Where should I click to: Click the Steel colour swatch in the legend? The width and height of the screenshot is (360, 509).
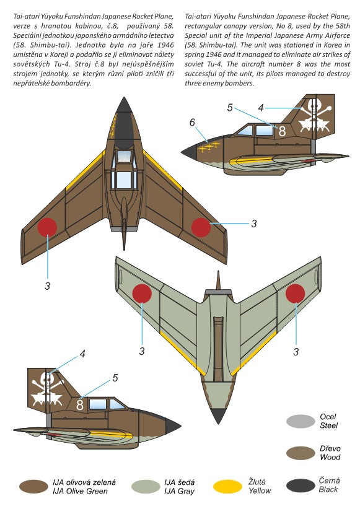click(301, 421)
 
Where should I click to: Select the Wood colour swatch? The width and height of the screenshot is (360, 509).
click(301, 453)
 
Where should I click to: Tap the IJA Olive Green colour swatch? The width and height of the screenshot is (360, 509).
click(33, 487)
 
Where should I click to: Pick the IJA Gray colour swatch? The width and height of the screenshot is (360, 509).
click(146, 487)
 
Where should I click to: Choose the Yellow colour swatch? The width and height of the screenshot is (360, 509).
click(228, 487)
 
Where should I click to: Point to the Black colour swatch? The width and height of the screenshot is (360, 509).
click(301, 485)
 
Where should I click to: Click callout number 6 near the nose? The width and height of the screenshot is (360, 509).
click(192, 123)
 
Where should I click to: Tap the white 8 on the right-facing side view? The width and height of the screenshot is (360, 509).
click(282, 131)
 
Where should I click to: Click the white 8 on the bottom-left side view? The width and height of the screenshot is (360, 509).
click(80, 405)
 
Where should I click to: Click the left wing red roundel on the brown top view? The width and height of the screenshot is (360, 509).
click(48, 227)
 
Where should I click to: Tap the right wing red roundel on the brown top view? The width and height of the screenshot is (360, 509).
click(201, 227)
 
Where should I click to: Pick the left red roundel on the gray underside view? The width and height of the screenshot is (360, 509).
click(143, 294)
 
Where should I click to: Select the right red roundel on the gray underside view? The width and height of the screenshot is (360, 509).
click(296, 294)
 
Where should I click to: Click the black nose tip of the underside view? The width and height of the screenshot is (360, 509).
click(218, 415)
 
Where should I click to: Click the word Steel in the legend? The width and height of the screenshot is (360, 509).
click(329, 425)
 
